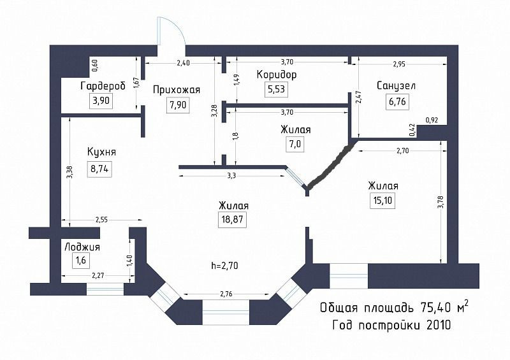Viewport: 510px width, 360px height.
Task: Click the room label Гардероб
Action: coord(103,86)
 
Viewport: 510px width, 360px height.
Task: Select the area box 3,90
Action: coord(101,101)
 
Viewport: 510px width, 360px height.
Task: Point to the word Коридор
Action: coord(277,75)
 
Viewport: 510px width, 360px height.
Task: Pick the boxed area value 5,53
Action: coord(275,90)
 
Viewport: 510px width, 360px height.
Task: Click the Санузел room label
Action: coord(397,85)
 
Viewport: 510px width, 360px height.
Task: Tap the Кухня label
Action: coord(103,152)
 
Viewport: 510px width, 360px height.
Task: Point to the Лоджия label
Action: coord(82,247)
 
